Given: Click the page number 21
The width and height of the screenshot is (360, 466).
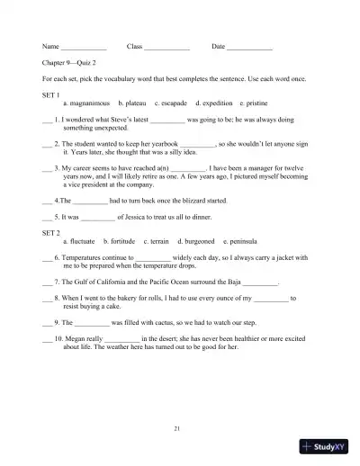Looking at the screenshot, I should (x=179, y=426).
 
